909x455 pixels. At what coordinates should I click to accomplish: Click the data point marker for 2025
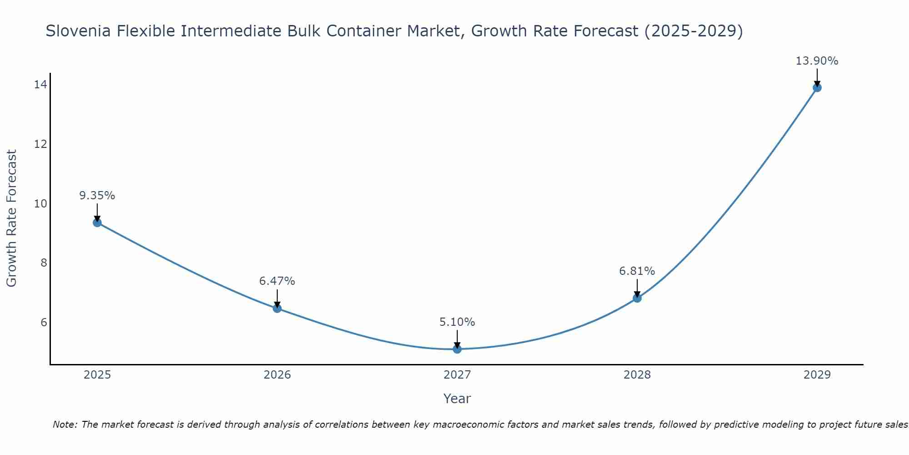tap(97, 222)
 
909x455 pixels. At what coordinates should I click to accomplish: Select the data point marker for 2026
tap(277, 308)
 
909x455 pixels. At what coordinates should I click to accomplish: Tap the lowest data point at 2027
tap(457, 349)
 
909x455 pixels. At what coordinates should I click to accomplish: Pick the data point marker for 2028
tap(637, 298)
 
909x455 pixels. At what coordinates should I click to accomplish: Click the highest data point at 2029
tap(817, 87)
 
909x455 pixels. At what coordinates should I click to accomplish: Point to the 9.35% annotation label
tap(97, 196)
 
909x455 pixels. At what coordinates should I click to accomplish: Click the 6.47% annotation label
tap(277, 281)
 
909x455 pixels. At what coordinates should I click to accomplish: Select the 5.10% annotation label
tap(457, 322)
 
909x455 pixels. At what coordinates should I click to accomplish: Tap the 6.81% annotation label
tap(637, 271)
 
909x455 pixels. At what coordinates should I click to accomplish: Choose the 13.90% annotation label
tap(817, 61)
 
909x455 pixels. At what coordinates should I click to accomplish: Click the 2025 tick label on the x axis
tap(97, 375)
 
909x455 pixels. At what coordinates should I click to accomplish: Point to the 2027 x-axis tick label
tap(457, 375)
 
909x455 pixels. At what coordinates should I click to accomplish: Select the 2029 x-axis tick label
tap(817, 375)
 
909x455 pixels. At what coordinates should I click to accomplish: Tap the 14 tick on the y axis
tap(40, 85)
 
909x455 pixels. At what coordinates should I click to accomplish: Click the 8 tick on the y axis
tap(44, 263)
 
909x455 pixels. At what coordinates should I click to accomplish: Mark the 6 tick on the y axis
tap(44, 323)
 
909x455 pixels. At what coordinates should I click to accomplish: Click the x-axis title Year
tap(457, 399)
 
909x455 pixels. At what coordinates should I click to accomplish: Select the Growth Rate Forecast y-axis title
tap(12, 218)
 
